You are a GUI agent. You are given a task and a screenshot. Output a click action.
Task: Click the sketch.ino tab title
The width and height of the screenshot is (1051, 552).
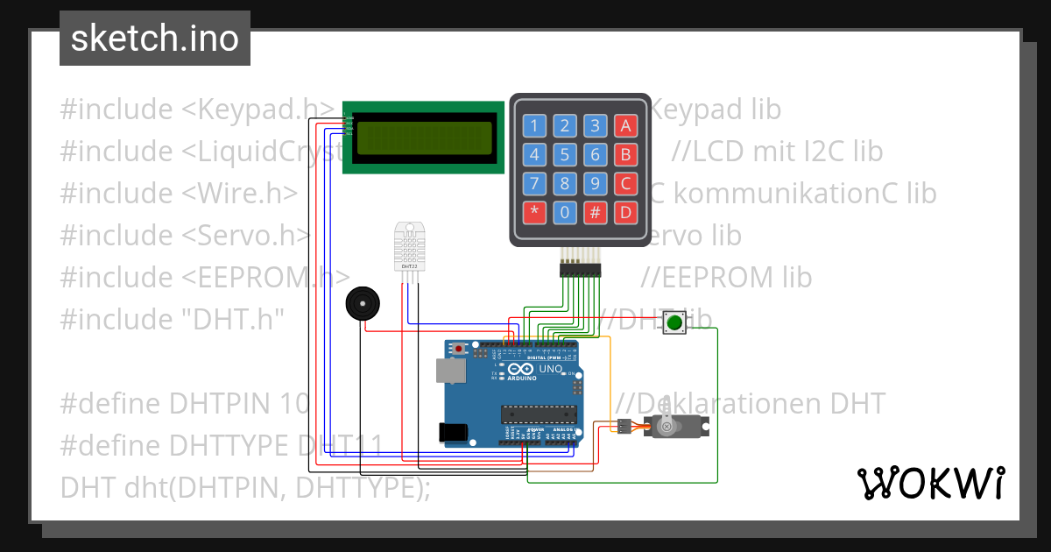(154, 39)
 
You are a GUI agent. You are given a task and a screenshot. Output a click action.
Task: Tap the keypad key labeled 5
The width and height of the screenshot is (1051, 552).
(566, 155)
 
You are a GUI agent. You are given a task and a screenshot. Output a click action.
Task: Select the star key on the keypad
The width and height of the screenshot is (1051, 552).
(535, 211)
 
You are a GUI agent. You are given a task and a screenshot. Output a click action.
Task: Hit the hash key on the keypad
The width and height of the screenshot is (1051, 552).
(596, 211)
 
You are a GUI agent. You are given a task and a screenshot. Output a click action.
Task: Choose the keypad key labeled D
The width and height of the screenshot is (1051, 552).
(625, 211)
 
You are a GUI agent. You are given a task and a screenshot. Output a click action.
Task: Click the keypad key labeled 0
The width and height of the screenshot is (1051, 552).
(566, 211)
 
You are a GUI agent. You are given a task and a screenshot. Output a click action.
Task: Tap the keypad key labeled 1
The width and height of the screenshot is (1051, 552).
(535, 125)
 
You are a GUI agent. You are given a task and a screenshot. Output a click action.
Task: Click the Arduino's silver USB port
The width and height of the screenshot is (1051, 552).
(451, 372)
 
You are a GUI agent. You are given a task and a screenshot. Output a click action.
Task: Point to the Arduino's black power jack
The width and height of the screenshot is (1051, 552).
(454, 432)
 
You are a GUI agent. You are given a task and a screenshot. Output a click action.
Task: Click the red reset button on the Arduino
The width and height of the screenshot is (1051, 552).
(459, 350)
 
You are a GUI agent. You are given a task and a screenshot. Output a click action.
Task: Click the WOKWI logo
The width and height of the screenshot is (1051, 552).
(930, 483)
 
